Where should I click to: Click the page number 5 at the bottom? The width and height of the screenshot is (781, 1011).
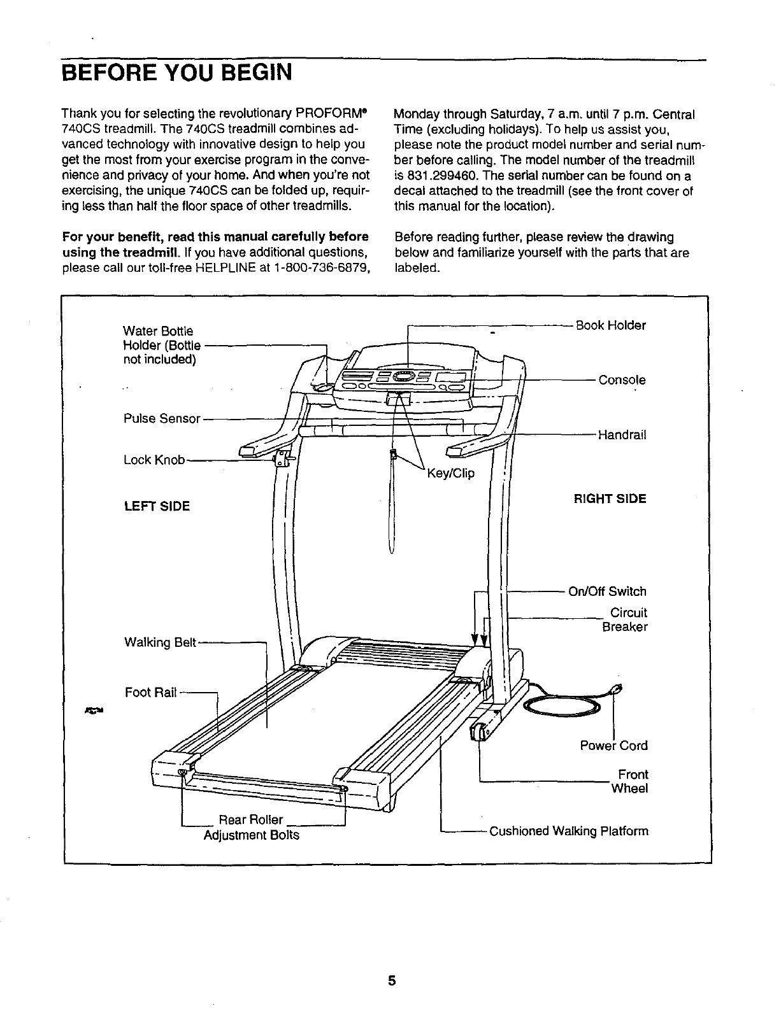point(392,981)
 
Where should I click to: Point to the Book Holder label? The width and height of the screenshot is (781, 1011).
point(611,326)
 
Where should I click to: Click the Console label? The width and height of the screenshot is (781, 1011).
point(622,380)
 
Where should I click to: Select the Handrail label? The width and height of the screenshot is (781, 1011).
point(622,435)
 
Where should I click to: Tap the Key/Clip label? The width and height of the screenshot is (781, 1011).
point(450,474)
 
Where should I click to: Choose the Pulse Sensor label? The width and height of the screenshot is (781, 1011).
point(162,419)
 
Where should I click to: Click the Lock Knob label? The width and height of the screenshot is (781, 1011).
point(154,460)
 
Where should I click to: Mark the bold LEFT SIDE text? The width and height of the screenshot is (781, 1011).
point(157,507)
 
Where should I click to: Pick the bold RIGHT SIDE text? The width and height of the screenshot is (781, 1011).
point(610,499)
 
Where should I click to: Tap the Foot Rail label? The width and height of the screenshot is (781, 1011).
point(151,693)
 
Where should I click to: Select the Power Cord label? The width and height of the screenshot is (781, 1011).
point(613,746)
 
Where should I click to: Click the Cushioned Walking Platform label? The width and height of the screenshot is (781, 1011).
point(569,831)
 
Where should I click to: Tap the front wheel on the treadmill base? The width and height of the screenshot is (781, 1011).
point(478,732)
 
